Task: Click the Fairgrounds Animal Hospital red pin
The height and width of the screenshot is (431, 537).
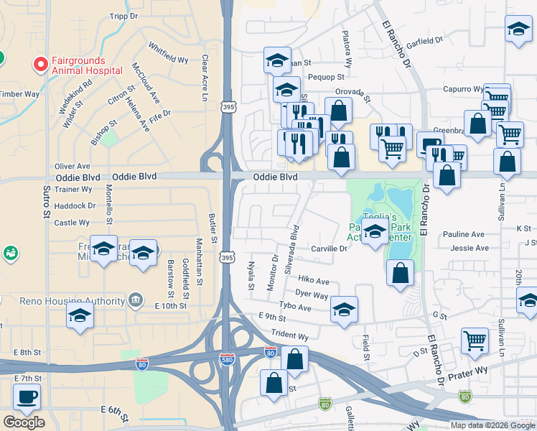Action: point(40,65)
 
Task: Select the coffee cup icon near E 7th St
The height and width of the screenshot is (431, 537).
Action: point(27,397)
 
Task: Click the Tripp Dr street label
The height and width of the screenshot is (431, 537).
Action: point(123,16)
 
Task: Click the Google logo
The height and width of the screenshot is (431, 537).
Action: point(24,422)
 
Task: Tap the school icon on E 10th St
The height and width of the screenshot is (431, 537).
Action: point(80,315)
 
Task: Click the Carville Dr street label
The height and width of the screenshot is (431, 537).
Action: point(330,249)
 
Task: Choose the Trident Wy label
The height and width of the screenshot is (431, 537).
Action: point(289,335)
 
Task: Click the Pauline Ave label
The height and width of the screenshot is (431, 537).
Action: point(463,234)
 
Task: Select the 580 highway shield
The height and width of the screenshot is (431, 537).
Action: point(226,358)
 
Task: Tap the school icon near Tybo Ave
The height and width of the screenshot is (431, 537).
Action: point(344,309)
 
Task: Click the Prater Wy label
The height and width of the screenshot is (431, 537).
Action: point(467,374)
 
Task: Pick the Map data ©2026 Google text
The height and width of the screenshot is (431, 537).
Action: point(492,425)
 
